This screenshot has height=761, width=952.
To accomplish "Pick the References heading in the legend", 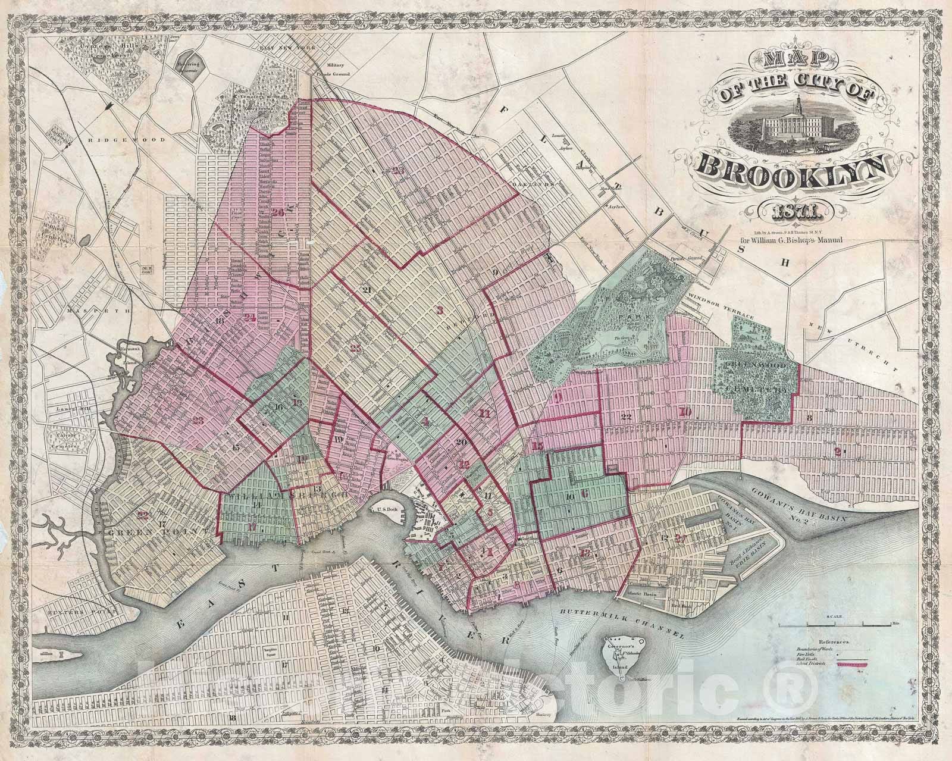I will [x=836, y=643].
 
